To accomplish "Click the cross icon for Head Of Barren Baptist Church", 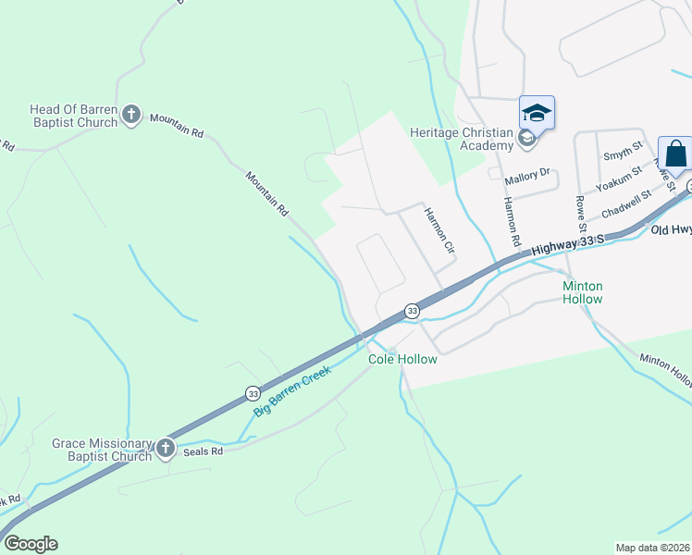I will point(131,115).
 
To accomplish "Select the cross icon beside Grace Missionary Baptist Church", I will point(166,449).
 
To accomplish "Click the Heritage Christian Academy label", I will point(461,139).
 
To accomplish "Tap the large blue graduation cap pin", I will point(537,114).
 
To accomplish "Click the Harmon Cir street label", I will point(439,230).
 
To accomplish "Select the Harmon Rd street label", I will point(509,223).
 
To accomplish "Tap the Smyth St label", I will point(622,153).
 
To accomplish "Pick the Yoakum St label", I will point(619,181).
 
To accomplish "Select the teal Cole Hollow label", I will point(402,359).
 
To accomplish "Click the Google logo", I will point(31,544).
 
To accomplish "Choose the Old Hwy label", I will point(671,228).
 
